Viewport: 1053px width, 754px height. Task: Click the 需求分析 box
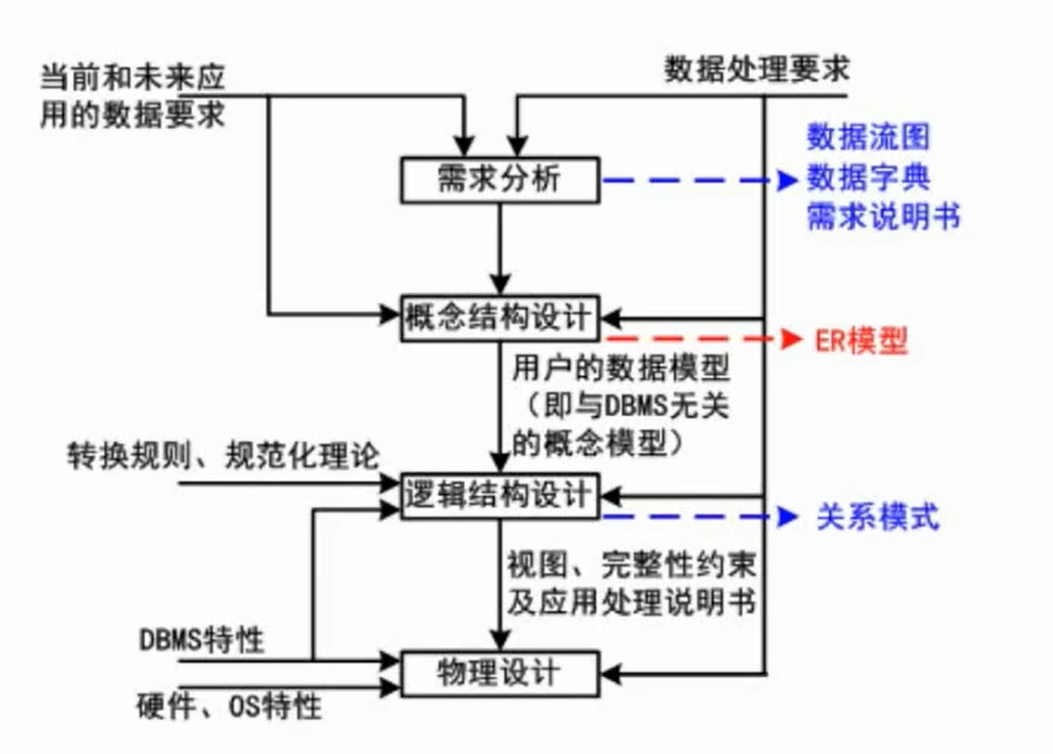point(499,180)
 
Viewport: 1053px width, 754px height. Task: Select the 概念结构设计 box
point(499,318)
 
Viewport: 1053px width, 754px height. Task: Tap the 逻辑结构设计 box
point(499,496)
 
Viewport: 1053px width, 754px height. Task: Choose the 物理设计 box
point(499,673)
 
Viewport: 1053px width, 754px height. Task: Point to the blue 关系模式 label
point(877,518)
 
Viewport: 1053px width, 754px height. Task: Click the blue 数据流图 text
point(869,137)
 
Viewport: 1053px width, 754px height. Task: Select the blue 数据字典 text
point(869,178)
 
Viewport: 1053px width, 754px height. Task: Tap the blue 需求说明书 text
point(883,217)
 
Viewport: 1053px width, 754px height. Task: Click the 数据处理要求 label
point(757,68)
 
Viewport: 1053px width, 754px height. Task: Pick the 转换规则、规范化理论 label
point(223,455)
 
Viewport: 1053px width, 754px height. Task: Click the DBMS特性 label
point(202,641)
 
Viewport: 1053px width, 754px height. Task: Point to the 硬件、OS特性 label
point(229,706)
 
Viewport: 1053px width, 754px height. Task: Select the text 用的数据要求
point(132,114)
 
